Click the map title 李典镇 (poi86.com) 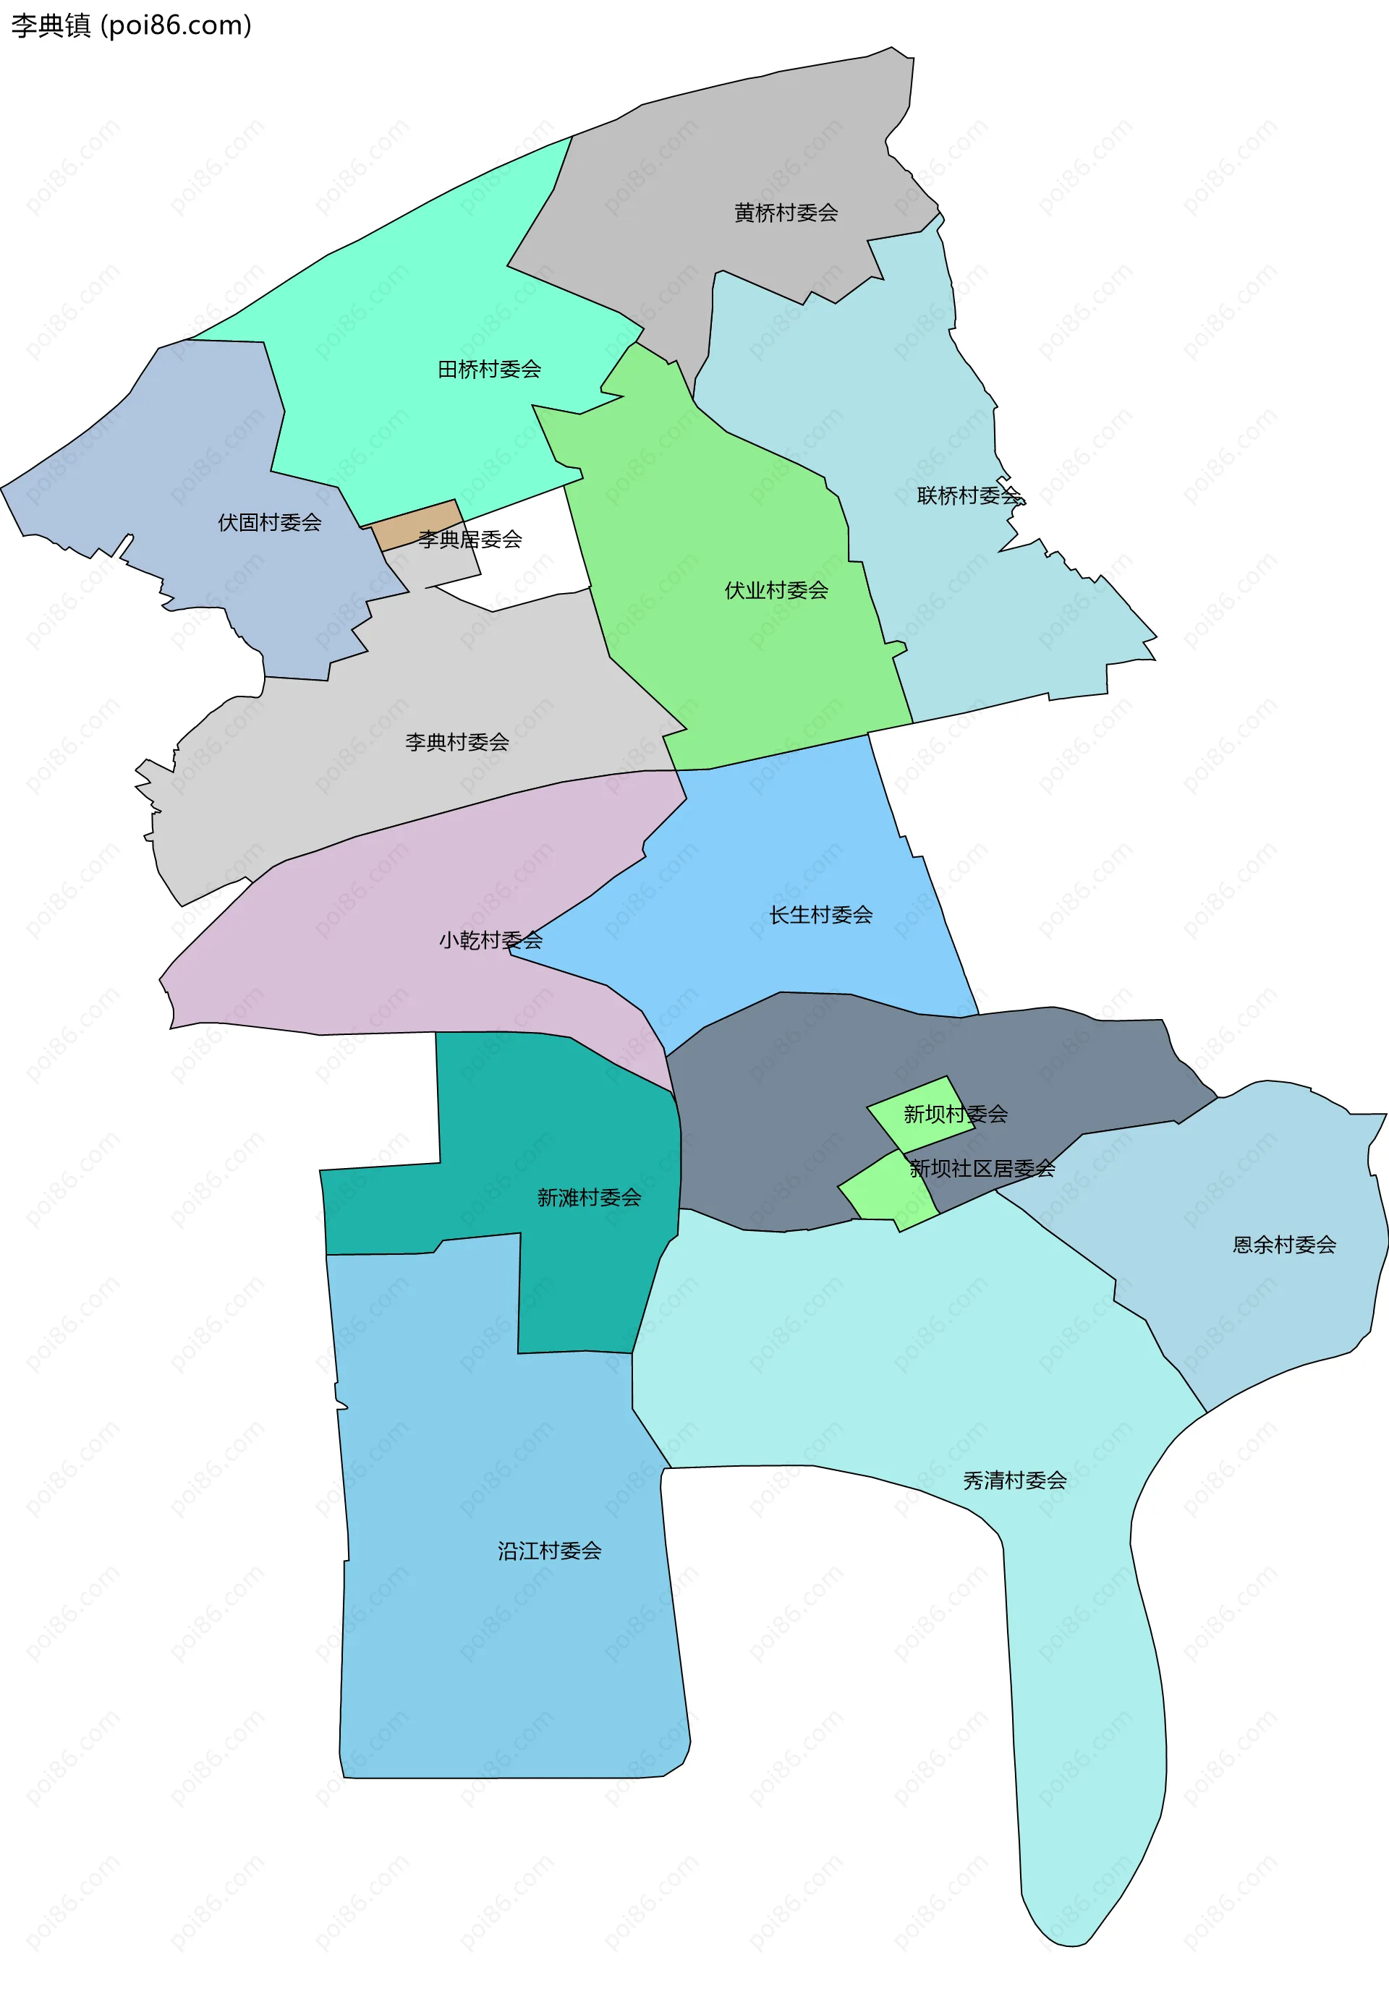[131, 26]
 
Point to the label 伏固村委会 [269, 523]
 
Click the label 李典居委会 [470, 540]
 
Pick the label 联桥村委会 [969, 496]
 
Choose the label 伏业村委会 [776, 591]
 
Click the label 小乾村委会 [490, 940]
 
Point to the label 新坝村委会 [956, 1115]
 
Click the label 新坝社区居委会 [982, 1169]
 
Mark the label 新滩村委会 [589, 1198]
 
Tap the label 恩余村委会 [1284, 1245]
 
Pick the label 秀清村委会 [1014, 1480]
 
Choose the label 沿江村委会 [549, 1551]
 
